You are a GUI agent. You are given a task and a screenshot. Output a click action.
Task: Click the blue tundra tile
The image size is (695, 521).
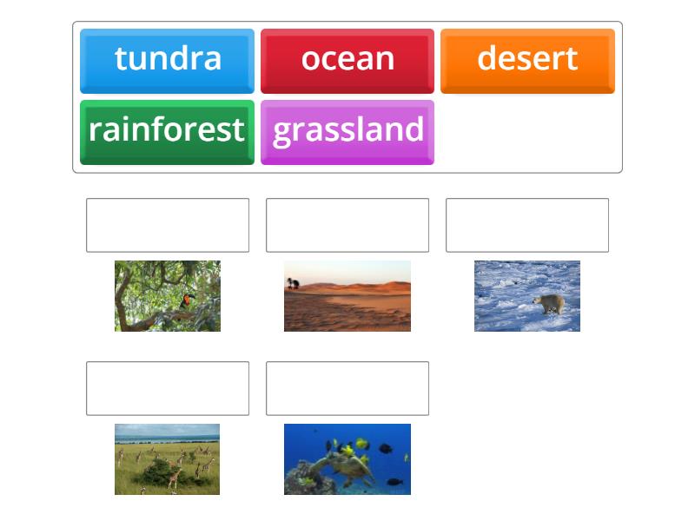[x=167, y=60]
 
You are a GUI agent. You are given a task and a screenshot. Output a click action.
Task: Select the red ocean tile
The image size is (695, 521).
[x=347, y=60]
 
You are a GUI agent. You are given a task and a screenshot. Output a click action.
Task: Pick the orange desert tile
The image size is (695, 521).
[x=527, y=60]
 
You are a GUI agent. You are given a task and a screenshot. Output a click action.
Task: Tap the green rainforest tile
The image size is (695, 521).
[x=167, y=131]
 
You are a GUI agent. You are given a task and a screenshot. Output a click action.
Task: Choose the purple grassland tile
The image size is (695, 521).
[x=347, y=131]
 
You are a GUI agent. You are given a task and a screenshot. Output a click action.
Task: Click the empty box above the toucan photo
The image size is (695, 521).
[x=168, y=225]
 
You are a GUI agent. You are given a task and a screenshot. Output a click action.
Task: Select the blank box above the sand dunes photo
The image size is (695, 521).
[x=347, y=225]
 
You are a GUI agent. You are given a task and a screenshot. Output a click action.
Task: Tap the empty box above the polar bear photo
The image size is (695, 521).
[x=527, y=225]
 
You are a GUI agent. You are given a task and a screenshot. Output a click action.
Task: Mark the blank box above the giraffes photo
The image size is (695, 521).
[x=168, y=388]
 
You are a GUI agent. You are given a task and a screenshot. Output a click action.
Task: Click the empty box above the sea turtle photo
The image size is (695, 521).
[x=347, y=388]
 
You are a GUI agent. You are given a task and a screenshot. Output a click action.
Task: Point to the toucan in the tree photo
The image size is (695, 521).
[x=189, y=301]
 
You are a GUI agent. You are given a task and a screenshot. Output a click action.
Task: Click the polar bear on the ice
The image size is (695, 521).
[x=549, y=304]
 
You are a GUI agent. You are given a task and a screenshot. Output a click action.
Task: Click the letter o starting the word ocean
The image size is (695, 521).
[x=311, y=59]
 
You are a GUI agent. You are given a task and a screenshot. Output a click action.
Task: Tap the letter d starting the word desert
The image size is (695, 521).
[x=486, y=59]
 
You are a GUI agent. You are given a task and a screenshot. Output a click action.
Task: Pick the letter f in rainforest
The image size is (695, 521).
[x=168, y=129]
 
